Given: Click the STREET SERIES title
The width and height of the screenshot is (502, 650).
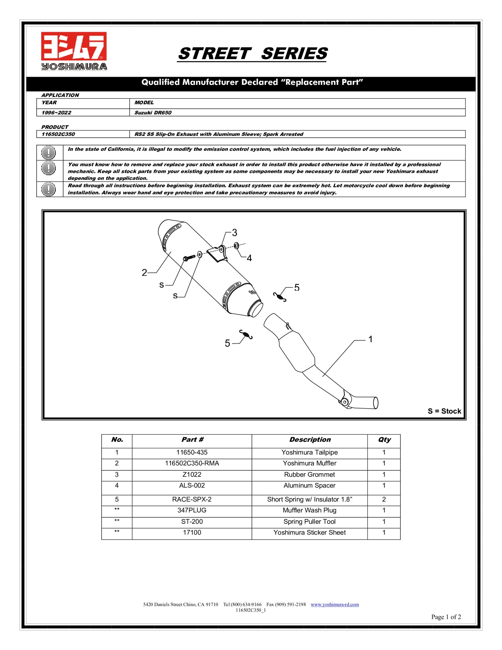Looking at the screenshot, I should [x=252, y=54].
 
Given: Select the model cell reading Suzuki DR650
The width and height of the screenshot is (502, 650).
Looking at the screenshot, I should [x=153, y=113].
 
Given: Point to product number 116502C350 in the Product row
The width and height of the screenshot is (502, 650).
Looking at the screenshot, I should [x=58, y=134].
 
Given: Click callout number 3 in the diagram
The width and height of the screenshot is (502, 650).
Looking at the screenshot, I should [x=235, y=232].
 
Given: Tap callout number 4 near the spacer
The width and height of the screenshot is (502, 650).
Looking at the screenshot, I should [x=249, y=258].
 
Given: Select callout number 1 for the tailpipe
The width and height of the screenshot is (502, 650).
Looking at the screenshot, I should [x=371, y=339].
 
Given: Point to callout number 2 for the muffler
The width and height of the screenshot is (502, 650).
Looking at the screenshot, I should [x=144, y=273].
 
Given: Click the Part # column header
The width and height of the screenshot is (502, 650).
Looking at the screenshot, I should [x=192, y=440].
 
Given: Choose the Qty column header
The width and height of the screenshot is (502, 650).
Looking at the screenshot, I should [x=384, y=440].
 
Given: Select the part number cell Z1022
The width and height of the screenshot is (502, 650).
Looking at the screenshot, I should [x=192, y=474].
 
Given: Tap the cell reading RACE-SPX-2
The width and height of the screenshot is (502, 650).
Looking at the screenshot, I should [x=192, y=499].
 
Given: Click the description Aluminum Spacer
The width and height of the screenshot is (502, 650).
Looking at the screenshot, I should [x=309, y=485].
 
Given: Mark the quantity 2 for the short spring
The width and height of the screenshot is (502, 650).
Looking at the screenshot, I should [x=384, y=499].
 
